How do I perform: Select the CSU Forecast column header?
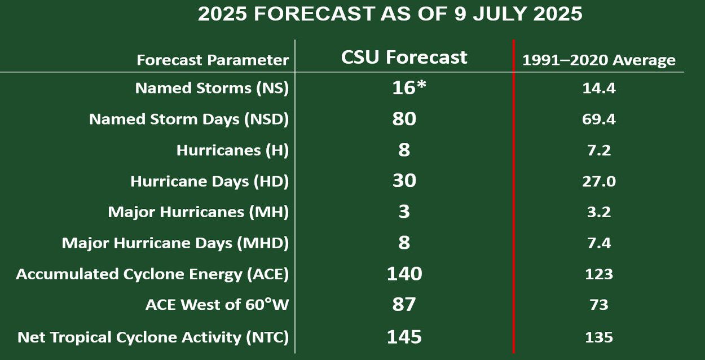(404, 58)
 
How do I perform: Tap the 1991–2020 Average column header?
(599, 60)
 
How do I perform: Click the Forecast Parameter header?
(213, 60)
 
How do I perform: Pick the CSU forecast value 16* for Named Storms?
(409, 87)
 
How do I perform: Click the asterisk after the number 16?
(421, 85)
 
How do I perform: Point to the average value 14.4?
(599, 88)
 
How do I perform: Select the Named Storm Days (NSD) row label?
(189, 120)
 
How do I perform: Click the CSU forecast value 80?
(404, 118)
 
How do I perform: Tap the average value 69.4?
(599, 120)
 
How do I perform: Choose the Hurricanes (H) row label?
(232, 150)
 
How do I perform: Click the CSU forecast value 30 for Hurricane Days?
(404, 181)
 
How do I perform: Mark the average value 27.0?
(599, 182)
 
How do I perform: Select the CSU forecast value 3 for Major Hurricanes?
(404, 212)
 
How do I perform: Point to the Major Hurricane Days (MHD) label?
(175, 243)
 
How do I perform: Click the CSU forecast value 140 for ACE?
(404, 274)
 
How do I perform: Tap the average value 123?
(599, 274)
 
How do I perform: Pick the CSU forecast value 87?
(404, 305)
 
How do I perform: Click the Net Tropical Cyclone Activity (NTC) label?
(153, 337)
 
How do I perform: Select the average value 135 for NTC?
(599, 337)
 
